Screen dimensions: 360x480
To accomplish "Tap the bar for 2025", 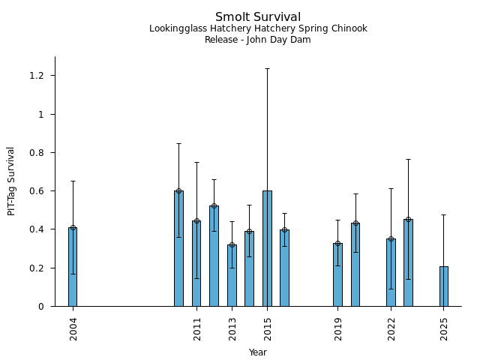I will point(444,286).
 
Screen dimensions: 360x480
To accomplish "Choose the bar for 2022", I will point(391,272).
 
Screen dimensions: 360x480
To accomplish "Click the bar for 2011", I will point(196,263).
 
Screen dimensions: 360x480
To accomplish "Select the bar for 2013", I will point(232,275).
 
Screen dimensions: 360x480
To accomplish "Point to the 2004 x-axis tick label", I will point(73,328).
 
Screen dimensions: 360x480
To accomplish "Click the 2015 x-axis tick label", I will point(268,328).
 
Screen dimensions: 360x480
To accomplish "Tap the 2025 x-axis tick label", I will point(445,328).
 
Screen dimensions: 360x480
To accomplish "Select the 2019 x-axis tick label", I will point(338,328).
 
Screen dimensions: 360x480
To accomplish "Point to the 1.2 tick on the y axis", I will point(37,76).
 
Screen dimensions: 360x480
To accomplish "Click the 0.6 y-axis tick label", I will point(37,191).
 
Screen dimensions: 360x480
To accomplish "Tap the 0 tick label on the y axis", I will point(42,307).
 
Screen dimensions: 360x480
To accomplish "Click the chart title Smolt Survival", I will point(258,17).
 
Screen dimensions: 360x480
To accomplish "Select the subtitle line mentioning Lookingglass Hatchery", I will point(258,29).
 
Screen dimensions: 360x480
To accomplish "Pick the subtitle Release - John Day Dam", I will point(258,40).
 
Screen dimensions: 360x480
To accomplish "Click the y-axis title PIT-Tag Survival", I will point(11,181).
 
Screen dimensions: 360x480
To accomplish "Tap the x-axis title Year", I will point(258,352).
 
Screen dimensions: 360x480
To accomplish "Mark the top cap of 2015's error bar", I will point(267,69).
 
